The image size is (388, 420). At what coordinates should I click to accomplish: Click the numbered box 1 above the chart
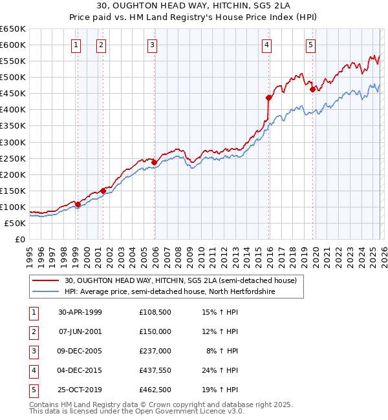pos(77,45)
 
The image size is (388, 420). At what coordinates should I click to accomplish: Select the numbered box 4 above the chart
pos(267,45)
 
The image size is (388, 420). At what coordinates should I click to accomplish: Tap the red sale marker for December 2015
pos(268,98)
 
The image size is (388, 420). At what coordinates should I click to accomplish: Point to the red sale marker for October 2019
pos(312,89)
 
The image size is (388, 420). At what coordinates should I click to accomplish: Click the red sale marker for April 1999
pos(78,204)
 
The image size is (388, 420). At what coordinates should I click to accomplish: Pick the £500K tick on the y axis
pos(13,77)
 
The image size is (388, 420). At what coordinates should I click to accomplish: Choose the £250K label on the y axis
pos(13,158)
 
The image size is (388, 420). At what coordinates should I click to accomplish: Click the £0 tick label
pos(21,239)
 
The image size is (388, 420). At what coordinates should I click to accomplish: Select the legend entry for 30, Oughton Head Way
pos(180,280)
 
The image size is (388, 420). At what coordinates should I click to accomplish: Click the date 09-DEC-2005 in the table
pos(80,351)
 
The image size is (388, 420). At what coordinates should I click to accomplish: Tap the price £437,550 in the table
pos(155,370)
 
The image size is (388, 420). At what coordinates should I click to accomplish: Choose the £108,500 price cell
pos(155,312)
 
